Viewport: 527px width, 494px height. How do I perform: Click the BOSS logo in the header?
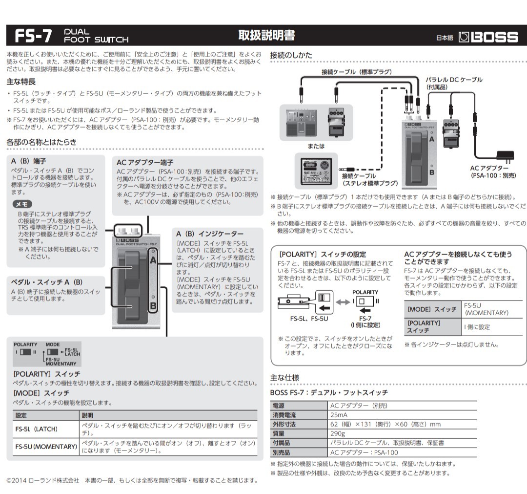pos(488,37)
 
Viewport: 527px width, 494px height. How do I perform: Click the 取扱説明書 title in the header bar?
pos(266,36)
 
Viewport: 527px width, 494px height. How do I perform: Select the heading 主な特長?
pos(21,81)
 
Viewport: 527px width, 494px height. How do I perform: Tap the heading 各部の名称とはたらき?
pos(41,142)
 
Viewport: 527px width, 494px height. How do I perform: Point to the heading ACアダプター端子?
pos(145,162)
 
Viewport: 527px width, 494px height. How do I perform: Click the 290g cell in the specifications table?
pos(338,433)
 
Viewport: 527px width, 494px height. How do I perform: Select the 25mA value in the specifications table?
pos(340,415)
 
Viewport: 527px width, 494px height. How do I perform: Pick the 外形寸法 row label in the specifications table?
pos(284,424)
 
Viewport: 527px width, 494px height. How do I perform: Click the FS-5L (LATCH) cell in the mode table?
pos(37,429)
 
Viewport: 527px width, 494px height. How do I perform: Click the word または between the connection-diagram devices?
pos(316,146)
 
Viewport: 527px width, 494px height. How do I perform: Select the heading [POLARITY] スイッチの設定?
pos(322,255)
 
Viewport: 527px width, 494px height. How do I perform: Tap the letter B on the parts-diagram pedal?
pos(153,307)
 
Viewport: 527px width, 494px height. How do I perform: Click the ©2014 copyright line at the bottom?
pos(132,480)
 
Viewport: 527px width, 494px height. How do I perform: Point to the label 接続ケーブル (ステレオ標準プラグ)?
pos(369,179)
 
